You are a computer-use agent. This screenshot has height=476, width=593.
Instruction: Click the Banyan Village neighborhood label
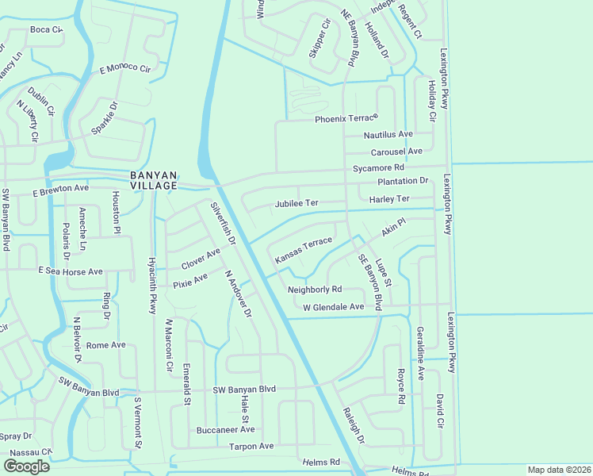pos(154,180)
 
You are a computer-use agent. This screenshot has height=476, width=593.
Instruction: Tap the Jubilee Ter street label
pos(296,203)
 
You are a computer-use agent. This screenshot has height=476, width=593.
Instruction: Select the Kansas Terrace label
pos(303,249)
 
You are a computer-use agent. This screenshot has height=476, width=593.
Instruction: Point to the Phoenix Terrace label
pos(343,119)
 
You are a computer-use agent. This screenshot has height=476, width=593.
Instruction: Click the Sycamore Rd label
pos(379,168)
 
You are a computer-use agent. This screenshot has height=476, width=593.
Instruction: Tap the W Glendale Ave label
pos(333,306)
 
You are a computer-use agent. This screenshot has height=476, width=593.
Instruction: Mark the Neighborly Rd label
pos(315,290)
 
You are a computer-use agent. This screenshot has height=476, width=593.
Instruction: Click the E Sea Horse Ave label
pos(71,271)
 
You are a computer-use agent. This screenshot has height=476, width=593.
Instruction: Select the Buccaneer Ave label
pos(225,430)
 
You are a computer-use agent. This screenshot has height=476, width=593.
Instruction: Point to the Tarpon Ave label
pos(251,446)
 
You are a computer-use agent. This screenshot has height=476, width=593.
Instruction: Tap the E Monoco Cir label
pos(124,69)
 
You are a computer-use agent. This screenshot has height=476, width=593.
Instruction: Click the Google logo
pos(26,466)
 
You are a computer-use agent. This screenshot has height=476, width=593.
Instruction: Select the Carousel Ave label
pos(396,151)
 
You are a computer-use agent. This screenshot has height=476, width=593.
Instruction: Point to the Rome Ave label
pos(106,345)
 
